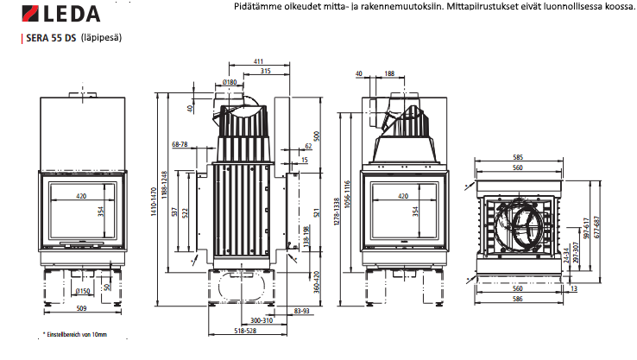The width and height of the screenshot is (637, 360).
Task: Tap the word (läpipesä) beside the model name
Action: tap(102, 39)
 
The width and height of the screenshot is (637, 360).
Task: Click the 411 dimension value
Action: tap(259, 61)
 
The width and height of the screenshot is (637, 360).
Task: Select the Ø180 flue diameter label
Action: tap(230, 82)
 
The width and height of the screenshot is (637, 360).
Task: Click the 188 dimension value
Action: tap(390, 74)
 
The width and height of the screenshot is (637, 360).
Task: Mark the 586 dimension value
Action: tap(518, 298)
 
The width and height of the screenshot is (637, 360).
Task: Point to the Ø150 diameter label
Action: tap(84, 291)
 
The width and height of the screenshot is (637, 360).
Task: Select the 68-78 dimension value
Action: tap(180, 144)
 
